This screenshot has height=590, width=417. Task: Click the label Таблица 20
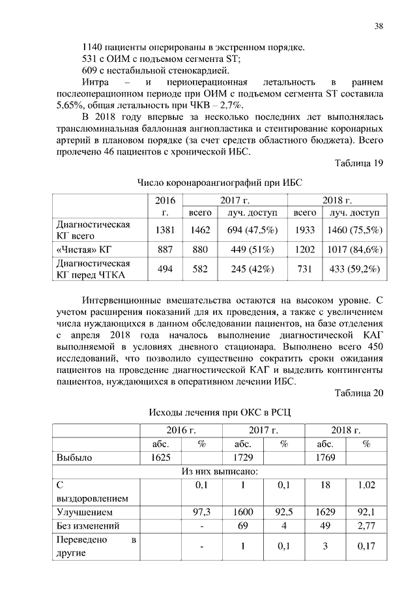click(360, 392)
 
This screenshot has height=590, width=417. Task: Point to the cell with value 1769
click(325, 458)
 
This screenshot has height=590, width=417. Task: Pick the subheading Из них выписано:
click(219, 471)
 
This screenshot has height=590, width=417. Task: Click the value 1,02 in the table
click(366, 486)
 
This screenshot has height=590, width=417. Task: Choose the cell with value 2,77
click(366, 525)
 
